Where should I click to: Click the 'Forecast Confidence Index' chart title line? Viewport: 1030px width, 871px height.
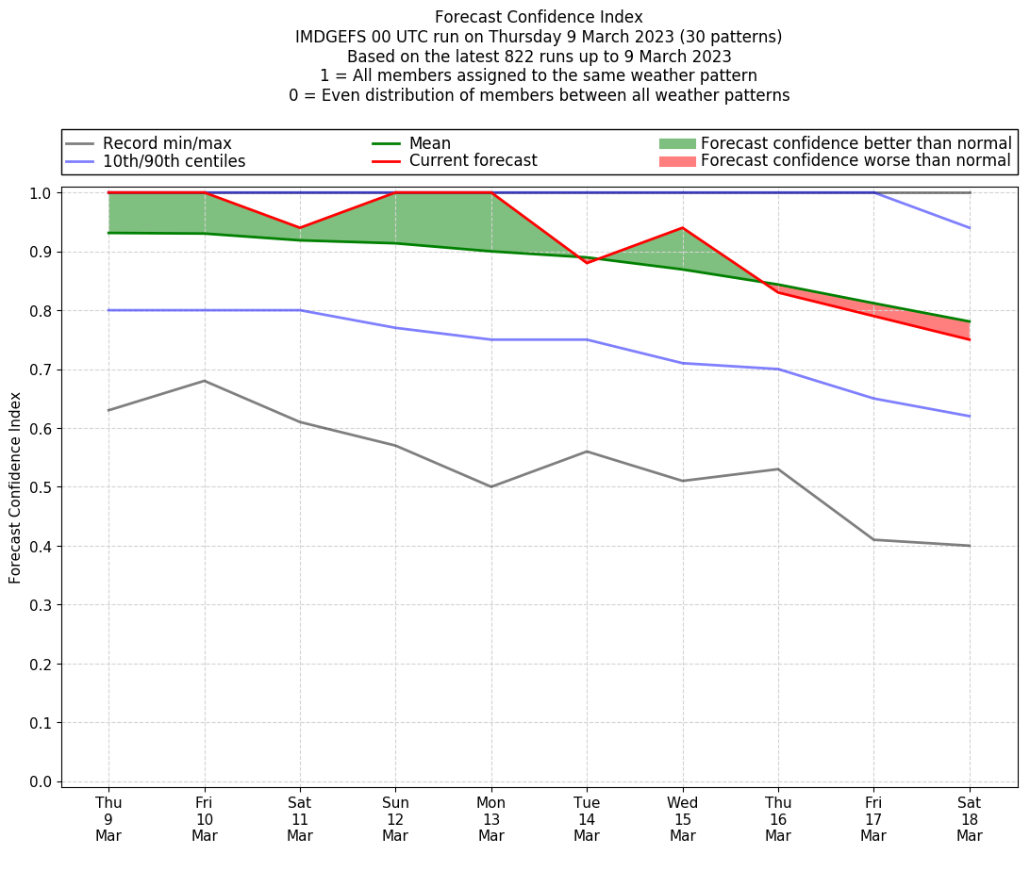coord(539,17)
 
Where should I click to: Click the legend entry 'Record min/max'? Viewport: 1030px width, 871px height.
coord(166,143)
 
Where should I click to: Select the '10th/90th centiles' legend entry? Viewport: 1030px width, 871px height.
coord(174,161)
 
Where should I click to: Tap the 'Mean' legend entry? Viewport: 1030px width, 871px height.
coord(429,143)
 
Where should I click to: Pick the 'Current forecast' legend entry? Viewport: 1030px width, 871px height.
coord(473,161)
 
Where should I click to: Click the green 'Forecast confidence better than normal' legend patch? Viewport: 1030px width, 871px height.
coord(676,143)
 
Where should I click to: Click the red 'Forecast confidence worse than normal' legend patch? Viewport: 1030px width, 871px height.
coord(676,161)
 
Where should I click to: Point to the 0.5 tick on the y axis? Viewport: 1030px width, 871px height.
coord(41,487)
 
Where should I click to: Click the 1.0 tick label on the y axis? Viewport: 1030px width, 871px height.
coord(41,193)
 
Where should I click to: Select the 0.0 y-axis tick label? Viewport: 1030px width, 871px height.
coord(41,781)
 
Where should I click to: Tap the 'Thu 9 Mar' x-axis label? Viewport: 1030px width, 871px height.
coord(108,819)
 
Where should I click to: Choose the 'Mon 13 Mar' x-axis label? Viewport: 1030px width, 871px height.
coord(490,819)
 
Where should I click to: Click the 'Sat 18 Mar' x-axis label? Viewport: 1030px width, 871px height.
coord(969,819)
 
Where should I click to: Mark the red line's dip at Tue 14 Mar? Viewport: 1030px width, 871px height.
coord(587,262)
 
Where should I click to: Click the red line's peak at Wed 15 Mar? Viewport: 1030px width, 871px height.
coord(682,228)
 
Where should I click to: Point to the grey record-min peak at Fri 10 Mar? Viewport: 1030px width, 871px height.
coord(205,381)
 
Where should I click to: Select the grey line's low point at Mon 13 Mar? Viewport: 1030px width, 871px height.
coord(490,486)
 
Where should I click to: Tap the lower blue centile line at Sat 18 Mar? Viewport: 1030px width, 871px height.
coord(969,416)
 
